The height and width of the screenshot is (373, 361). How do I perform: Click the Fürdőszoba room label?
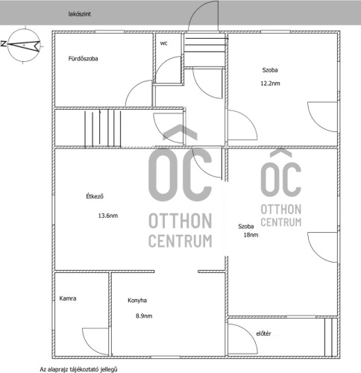pos(83,59)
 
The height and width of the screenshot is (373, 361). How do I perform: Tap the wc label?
pos(163,43)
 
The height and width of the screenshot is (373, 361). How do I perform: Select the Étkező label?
pos(95,196)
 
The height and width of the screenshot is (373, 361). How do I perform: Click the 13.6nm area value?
pos(108,216)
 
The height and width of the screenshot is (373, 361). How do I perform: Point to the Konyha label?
pos(137,301)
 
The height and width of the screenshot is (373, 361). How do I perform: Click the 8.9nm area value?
pos(144,316)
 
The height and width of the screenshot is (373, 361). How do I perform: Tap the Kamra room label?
pos(68,298)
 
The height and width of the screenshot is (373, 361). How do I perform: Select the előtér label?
pos(263,333)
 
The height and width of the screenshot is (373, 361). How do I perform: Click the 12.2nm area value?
pos(270,84)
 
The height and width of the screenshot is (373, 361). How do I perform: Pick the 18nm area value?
pos(251,235)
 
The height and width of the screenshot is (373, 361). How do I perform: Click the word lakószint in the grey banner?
pos(80,14)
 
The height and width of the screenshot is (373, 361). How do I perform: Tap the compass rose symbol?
pos(24,46)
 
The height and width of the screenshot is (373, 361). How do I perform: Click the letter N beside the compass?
pos(4,44)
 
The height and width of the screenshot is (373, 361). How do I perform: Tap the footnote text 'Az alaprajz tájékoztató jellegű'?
pos(78,369)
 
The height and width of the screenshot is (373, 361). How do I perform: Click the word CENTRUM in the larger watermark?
pos(180,241)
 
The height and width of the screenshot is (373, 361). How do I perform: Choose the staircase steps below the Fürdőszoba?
pos(102,128)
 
